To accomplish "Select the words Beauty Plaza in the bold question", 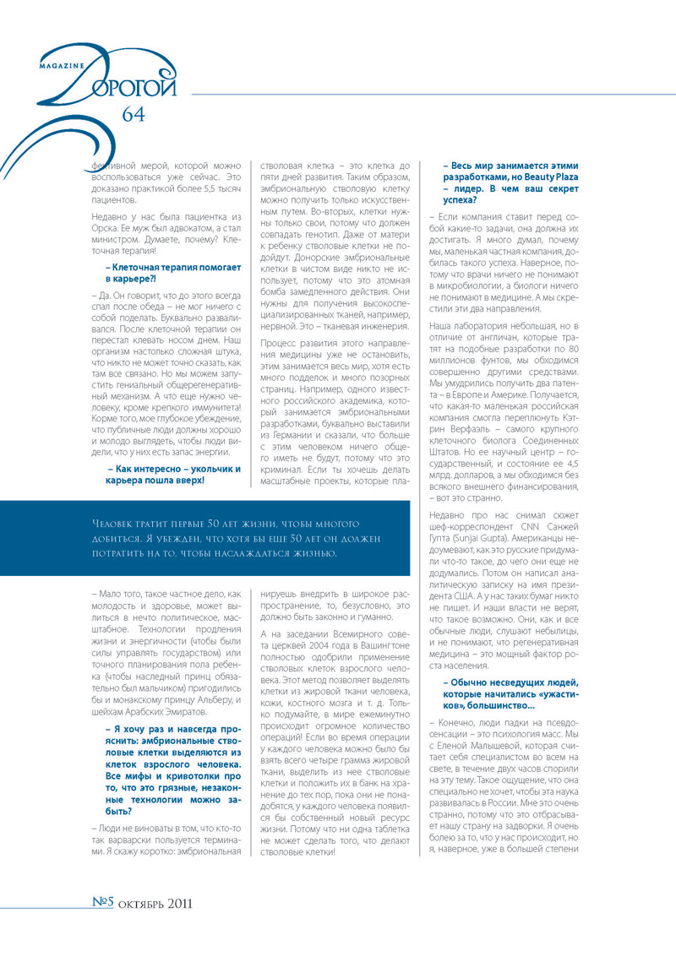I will click(538, 178).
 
